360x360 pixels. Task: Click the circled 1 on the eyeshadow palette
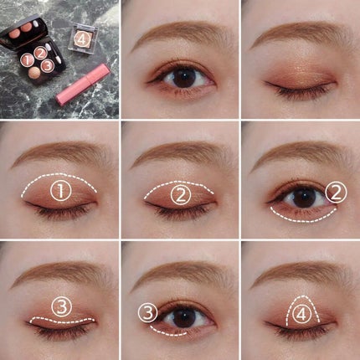[27, 60]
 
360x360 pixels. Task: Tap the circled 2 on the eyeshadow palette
[40, 53]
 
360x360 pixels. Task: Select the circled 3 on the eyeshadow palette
[48, 65]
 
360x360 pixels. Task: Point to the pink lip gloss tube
[83, 84]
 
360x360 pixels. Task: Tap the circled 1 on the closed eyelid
[60, 191]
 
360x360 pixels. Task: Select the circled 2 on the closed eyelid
[181, 195]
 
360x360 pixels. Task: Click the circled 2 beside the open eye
[336, 193]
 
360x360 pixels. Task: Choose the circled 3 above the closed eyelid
[62, 306]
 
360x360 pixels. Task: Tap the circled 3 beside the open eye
[148, 312]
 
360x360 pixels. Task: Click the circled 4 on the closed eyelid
[301, 315]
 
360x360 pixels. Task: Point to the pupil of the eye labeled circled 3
[183, 318]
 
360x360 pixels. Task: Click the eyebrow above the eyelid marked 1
[60, 153]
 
